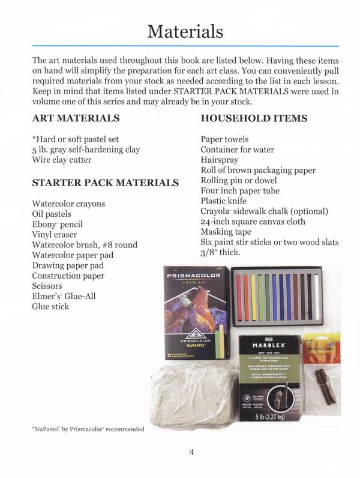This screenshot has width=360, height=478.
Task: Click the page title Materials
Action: (x=185, y=31)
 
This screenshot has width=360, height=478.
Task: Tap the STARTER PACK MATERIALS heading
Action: (x=105, y=183)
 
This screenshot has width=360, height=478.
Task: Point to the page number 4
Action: (x=191, y=452)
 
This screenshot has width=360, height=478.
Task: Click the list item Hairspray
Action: (x=220, y=160)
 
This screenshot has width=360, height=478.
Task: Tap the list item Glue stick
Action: (x=50, y=306)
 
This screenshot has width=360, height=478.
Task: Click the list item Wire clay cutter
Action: (x=62, y=160)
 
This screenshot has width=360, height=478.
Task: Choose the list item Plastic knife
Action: (x=224, y=201)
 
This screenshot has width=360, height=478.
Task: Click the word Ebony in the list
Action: (x=44, y=224)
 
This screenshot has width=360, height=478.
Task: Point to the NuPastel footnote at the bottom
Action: (x=88, y=429)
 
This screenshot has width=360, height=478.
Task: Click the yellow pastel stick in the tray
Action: (x=253, y=297)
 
